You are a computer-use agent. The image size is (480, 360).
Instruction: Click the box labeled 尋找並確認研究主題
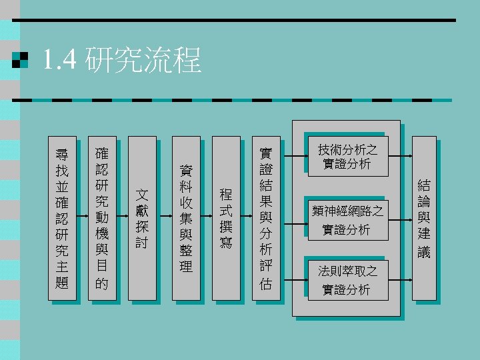[61, 218]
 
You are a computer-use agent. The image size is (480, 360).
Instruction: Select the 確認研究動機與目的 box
[102, 218]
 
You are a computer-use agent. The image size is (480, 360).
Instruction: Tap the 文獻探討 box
[141, 218]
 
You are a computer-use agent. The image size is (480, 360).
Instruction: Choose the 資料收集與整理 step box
[186, 218]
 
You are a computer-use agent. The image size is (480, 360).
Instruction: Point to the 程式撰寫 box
[226, 218]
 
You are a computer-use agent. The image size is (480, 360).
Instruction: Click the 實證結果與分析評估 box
[266, 218]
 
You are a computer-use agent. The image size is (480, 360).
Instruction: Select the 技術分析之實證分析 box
[347, 157]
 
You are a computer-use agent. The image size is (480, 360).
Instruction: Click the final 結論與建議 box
[424, 218]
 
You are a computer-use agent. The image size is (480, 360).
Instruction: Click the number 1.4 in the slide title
[60, 61]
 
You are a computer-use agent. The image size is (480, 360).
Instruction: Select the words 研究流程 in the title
[143, 61]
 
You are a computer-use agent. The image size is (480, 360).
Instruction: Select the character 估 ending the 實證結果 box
[266, 283]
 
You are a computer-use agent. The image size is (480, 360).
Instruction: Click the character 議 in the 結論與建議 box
[424, 252]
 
